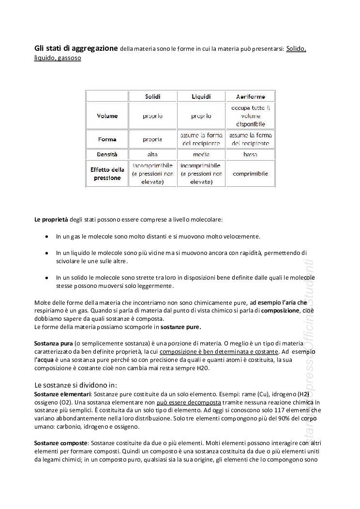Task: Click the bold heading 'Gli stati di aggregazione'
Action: coord(76,48)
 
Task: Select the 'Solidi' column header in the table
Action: coord(153,97)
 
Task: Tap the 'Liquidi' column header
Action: coord(201,97)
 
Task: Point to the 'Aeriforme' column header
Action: coord(250,97)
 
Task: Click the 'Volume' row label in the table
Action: coord(107,116)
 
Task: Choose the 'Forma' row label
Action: coord(107,139)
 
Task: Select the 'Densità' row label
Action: coord(107,154)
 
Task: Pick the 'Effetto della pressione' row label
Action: coord(107,174)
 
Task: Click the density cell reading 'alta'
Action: coord(152,154)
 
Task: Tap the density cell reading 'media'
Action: coord(201,154)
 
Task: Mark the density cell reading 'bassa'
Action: coord(250,154)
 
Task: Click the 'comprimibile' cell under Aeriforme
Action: coord(250,174)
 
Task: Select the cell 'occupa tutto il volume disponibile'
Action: coord(250,116)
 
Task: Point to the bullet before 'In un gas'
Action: coord(46,237)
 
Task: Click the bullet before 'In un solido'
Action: coord(46,278)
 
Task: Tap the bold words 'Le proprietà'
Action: coord(51,220)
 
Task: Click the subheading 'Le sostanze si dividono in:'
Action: coord(75,385)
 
